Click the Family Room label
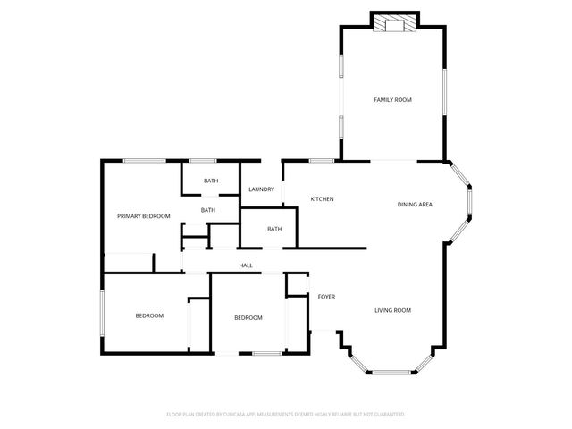(392, 100)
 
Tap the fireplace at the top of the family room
(394, 23)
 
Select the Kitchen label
(322, 198)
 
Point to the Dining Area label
(415, 205)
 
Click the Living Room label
(392, 310)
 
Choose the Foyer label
(326, 297)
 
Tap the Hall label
(246, 265)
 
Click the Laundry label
(261, 189)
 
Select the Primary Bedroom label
(143, 216)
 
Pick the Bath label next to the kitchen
(274, 229)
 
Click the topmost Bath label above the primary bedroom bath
(210, 181)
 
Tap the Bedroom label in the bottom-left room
(149, 315)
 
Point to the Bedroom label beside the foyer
(248, 318)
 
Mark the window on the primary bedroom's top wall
(143, 161)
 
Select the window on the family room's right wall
(444, 91)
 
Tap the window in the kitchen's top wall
(322, 161)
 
